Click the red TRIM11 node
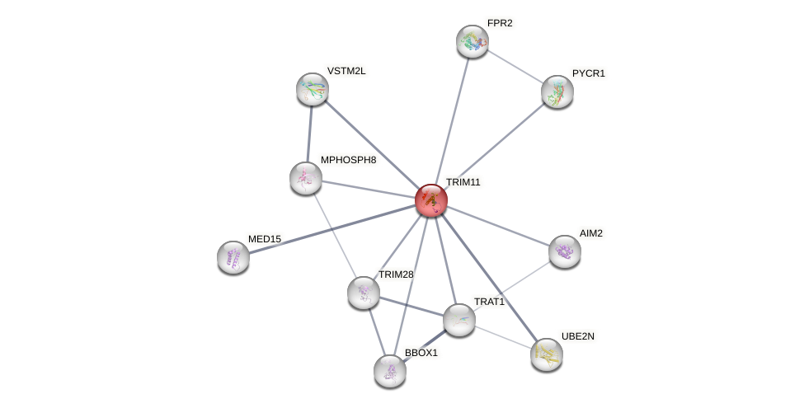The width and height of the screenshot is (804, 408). (x=430, y=200)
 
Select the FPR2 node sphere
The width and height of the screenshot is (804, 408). (x=473, y=41)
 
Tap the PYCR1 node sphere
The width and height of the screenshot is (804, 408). (x=557, y=91)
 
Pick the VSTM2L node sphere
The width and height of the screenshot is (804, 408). (x=313, y=89)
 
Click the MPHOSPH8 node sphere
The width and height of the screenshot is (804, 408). (x=306, y=178)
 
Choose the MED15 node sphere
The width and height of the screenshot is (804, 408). (x=233, y=257)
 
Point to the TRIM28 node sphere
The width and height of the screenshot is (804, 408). (x=364, y=293)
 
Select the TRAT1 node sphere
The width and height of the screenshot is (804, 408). (x=459, y=320)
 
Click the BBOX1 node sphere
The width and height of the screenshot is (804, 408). (x=390, y=371)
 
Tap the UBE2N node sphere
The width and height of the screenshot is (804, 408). (x=546, y=354)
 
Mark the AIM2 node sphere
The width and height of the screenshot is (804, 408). (x=565, y=251)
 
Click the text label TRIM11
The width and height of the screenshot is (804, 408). (x=463, y=182)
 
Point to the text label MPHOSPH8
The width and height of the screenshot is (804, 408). (x=348, y=160)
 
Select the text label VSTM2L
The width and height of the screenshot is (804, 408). (x=346, y=71)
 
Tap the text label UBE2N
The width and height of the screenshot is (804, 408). (x=578, y=336)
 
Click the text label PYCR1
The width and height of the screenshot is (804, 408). (x=588, y=73)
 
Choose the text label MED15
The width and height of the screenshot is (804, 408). (x=265, y=239)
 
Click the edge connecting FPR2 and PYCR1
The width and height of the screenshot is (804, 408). (x=515, y=67)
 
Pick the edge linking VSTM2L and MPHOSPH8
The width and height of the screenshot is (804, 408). (x=309, y=134)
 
